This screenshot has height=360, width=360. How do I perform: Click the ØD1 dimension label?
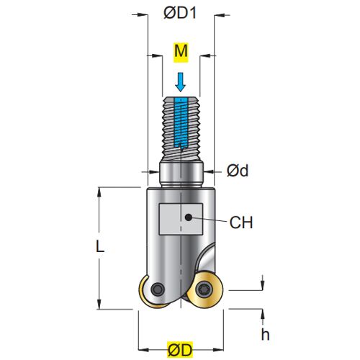(x=180, y=13)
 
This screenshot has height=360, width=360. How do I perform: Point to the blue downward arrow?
(x=180, y=82)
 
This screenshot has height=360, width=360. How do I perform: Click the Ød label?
(x=238, y=171)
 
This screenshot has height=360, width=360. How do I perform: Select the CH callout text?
(x=241, y=222)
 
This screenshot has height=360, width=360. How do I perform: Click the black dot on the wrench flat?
(x=189, y=217)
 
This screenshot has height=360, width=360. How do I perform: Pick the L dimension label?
(x=100, y=246)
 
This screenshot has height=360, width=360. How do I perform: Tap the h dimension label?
(x=265, y=334)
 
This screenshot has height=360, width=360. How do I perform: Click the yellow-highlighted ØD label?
(x=180, y=350)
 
